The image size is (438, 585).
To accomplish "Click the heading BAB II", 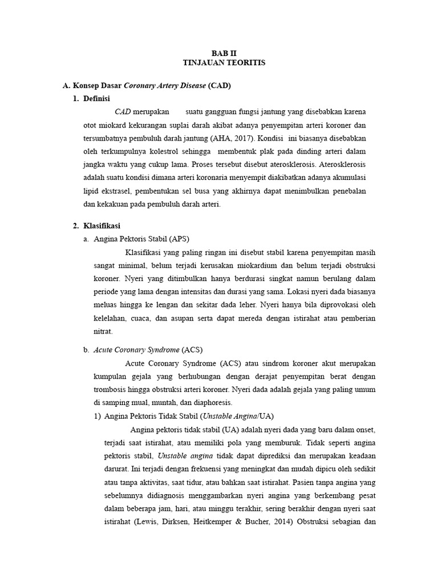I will point(219,53).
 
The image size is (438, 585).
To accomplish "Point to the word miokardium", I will point(254,266).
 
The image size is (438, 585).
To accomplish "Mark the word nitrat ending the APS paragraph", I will point(103,331).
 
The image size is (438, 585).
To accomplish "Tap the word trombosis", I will point(112,390).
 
